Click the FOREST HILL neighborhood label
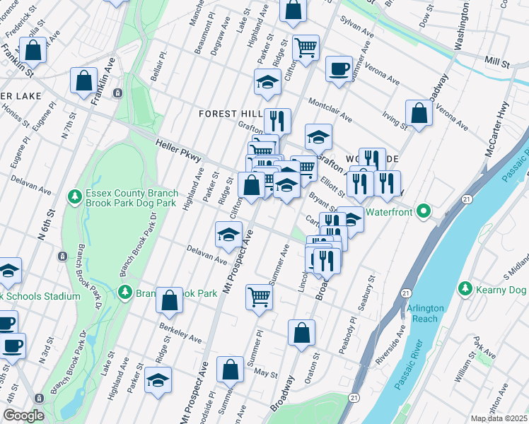click(231, 113)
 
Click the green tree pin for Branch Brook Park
click(124, 291)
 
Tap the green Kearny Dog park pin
click(465, 288)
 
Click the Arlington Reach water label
click(424, 313)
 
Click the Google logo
click(23, 416)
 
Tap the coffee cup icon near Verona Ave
click(339, 69)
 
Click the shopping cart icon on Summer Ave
click(260, 297)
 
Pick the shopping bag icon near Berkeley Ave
click(169, 300)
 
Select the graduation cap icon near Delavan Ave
click(228, 235)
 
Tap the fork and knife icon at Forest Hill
click(277, 121)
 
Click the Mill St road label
click(497, 63)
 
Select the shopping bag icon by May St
click(231, 369)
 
